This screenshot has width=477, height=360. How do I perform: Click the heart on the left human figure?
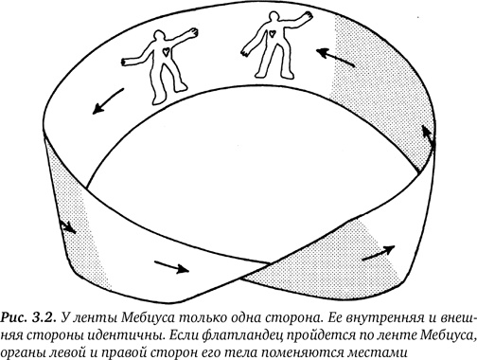pyautogui.click(x=164, y=53)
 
